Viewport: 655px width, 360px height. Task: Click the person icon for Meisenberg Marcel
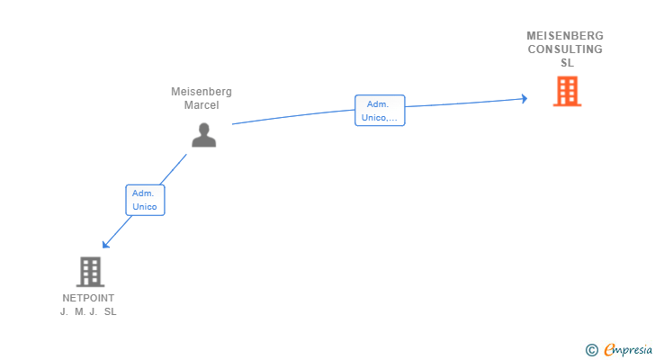click(204, 134)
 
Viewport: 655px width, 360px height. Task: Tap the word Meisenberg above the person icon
click(202, 92)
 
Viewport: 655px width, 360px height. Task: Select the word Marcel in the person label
click(202, 105)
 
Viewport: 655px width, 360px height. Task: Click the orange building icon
click(567, 92)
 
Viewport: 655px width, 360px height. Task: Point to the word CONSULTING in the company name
click(565, 49)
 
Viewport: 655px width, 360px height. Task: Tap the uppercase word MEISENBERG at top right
click(565, 36)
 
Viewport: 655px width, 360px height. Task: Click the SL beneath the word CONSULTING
click(567, 63)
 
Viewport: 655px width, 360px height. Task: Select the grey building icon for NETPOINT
click(90, 271)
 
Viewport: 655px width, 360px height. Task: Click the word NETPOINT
click(88, 298)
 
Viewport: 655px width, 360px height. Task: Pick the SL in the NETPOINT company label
click(110, 311)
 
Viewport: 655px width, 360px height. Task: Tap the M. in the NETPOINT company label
click(80, 311)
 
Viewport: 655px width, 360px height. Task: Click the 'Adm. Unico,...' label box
click(380, 111)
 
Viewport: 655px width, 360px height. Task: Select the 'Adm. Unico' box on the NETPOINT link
click(145, 200)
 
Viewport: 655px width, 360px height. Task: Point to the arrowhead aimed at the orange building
click(524, 99)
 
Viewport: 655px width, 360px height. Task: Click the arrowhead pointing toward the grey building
click(106, 244)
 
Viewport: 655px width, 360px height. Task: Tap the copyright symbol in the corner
click(592, 349)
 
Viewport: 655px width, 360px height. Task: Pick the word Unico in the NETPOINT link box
click(145, 207)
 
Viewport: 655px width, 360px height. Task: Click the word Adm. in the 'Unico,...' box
click(378, 104)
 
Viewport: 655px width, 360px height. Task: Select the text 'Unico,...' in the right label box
click(380, 118)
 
